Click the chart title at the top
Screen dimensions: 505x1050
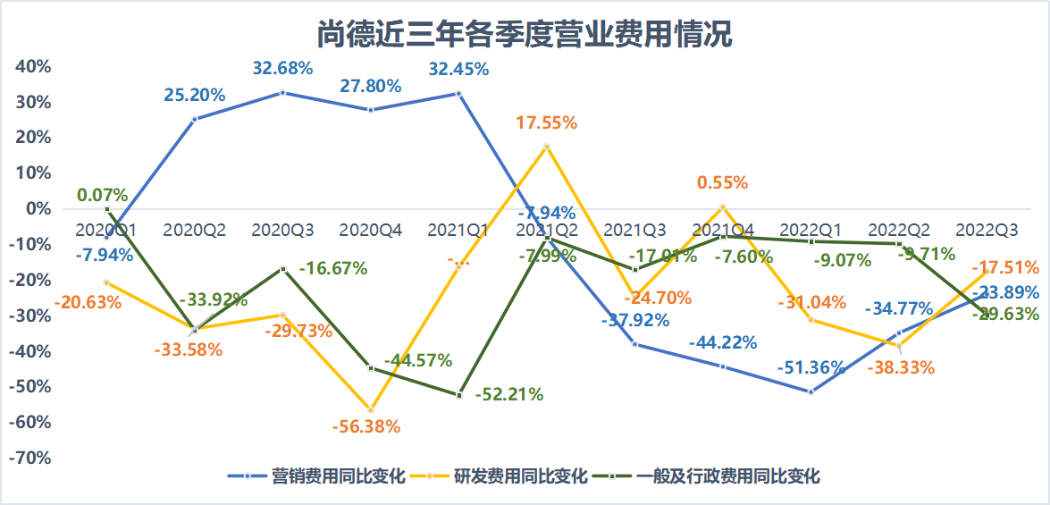525,34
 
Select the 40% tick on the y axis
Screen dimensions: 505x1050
32,67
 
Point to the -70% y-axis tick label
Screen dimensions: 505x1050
30,458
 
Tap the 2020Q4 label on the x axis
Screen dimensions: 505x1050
371,230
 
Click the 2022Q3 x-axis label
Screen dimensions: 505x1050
987,230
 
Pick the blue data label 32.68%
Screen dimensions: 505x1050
282,68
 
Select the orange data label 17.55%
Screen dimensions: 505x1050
547,123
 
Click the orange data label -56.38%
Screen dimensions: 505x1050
365,426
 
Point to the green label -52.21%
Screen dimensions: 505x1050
508,394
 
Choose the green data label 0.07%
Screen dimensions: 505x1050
102,194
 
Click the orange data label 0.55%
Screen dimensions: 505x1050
723,182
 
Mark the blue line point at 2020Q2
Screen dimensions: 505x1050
195,119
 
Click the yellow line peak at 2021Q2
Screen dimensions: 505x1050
547,147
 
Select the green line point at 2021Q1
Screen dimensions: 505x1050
459,394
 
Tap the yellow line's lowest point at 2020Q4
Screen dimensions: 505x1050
371,409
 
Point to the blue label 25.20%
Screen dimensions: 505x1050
194,95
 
